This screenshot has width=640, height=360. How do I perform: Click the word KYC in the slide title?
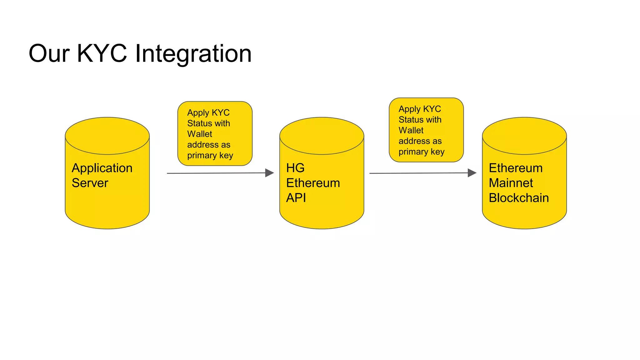pyautogui.click(x=102, y=53)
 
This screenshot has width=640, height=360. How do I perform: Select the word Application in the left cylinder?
pyautogui.click(x=102, y=168)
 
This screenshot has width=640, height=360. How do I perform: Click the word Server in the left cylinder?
pyautogui.click(x=90, y=183)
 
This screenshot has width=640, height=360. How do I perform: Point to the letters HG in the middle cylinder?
pyautogui.click(x=295, y=168)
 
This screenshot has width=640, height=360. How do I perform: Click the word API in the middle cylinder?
pyautogui.click(x=296, y=198)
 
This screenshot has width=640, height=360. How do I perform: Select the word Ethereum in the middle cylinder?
pyautogui.click(x=313, y=183)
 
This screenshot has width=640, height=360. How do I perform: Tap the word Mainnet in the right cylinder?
pyautogui.click(x=511, y=183)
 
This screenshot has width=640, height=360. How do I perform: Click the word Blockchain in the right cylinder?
pyautogui.click(x=518, y=198)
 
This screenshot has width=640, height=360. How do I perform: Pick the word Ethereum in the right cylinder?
pyautogui.click(x=515, y=168)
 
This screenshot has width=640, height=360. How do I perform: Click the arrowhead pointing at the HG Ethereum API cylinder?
pyautogui.click(x=269, y=173)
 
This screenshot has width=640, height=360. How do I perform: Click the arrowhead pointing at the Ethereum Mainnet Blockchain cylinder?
pyautogui.click(x=472, y=173)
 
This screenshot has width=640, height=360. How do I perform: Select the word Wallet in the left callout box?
pyautogui.click(x=199, y=134)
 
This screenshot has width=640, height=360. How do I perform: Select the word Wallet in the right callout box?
pyautogui.click(x=411, y=130)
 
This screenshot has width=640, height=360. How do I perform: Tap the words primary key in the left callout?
pyautogui.click(x=210, y=155)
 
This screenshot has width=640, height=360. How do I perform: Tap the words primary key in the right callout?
pyautogui.click(x=421, y=152)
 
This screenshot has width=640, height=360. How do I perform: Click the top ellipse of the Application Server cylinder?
pyautogui.click(x=107, y=136)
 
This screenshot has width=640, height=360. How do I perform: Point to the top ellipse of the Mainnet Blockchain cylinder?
pyautogui.click(x=524, y=136)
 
